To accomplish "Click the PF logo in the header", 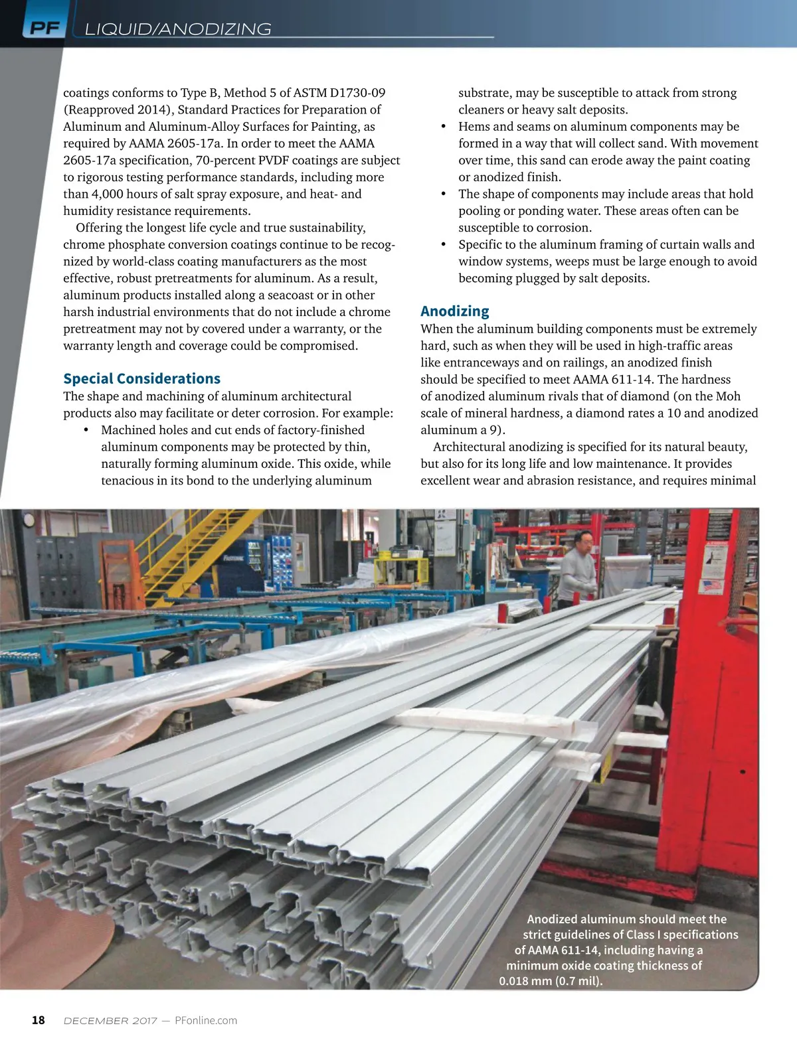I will [x=44, y=29].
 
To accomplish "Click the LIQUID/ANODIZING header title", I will [x=178, y=29].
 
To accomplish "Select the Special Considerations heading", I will [x=141, y=378].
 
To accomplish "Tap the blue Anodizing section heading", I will [x=454, y=311].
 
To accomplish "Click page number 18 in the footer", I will [x=39, y=1020].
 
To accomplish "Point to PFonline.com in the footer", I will [x=206, y=1020].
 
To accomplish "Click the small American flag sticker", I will [x=711, y=587].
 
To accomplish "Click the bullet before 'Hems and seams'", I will [x=443, y=127].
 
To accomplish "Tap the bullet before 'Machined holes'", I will [x=86, y=430].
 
